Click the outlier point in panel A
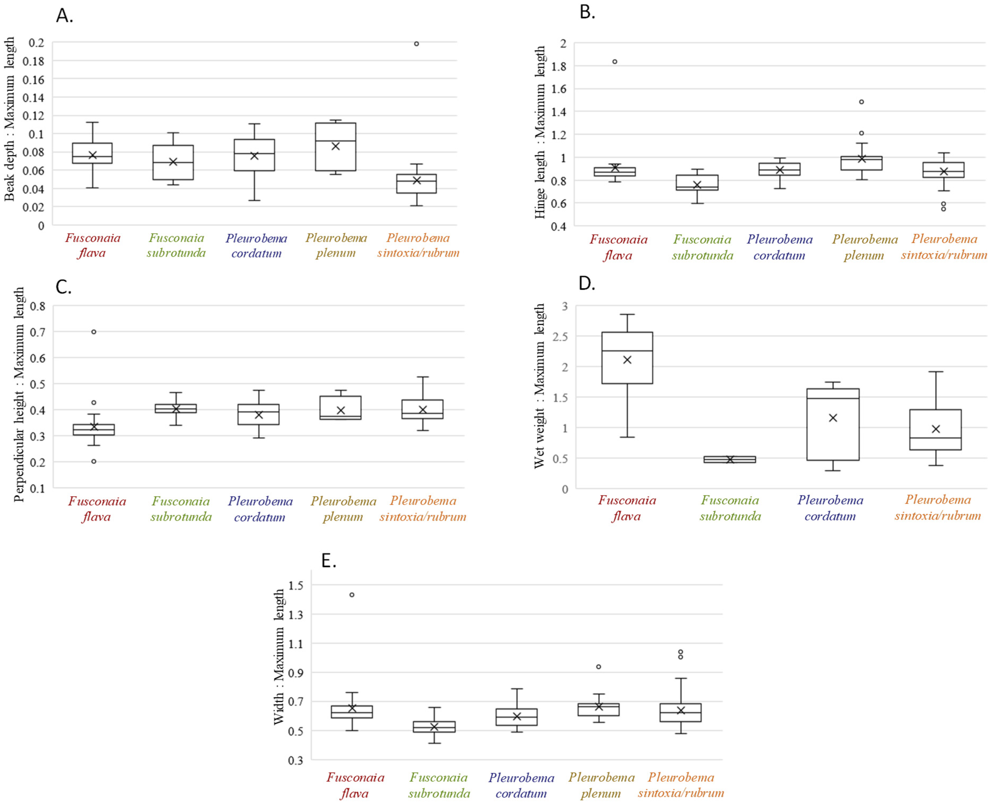point(416,44)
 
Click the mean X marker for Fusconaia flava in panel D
point(627,360)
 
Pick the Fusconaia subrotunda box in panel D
point(729,459)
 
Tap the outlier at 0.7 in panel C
point(94,332)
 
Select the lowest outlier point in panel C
point(94,461)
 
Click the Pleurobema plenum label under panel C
point(343,509)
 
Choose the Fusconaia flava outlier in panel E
point(352,595)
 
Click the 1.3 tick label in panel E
point(295,615)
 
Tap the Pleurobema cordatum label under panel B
point(779,247)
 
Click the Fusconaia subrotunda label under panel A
point(176,245)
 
